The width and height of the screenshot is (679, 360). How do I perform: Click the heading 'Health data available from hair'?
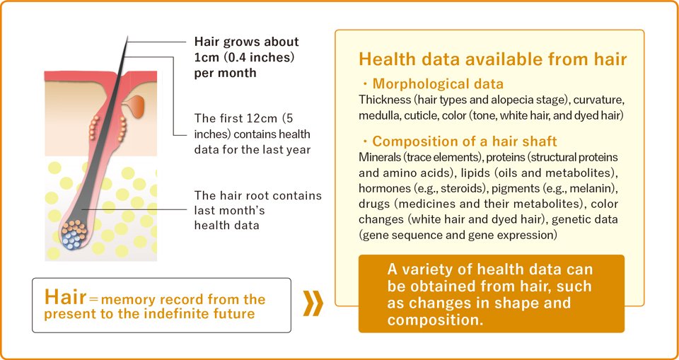coord(493,59)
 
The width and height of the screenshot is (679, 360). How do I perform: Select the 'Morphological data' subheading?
coord(438,83)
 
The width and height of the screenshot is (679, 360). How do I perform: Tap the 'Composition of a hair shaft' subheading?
coord(465,141)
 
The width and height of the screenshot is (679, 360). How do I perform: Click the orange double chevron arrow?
coord(313,304)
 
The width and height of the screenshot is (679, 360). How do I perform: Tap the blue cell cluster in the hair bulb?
coord(73,240)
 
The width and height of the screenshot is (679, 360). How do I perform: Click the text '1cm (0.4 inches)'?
coord(244,57)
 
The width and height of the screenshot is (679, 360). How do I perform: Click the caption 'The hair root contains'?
coord(258,196)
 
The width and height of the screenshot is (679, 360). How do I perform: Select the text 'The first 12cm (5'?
coord(246,118)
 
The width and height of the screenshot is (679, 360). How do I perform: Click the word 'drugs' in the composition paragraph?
coord(373,204)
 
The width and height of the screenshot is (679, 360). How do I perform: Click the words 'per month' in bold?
coord(225,74)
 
